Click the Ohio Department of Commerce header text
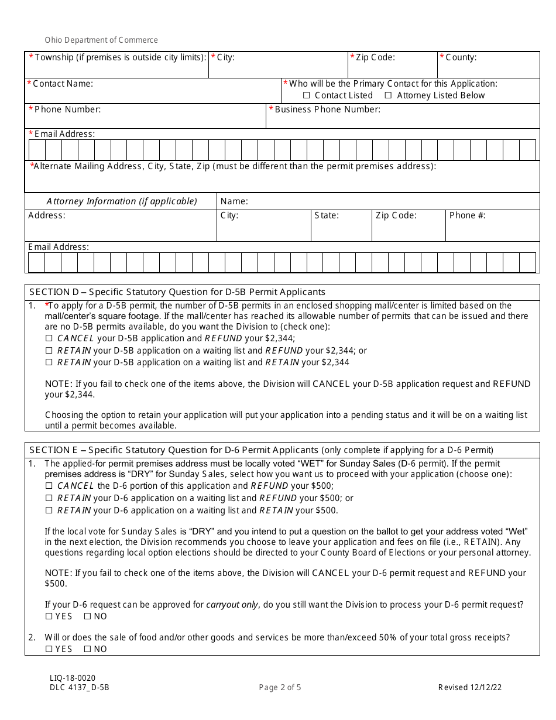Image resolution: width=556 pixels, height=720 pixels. (x=101, y=40)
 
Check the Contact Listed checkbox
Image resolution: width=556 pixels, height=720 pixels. (x=307, y=95)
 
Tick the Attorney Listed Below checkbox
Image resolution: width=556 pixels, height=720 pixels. (x=388, y=95)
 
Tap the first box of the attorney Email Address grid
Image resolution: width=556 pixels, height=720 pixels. (x=36, y=263)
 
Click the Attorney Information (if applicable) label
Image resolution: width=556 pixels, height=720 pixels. (x=122, y=201)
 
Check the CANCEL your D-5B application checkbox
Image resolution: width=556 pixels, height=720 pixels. (x=49, y=338)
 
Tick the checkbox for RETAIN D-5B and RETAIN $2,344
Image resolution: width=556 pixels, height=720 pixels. (x=49, y=362)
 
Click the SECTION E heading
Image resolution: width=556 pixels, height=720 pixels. (x=174, y=450)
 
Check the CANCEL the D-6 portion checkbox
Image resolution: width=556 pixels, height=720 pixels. (x=49, y=486)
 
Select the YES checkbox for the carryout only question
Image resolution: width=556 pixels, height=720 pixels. (x=49, y=616)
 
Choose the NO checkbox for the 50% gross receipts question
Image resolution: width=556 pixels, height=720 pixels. (x=88, y=649)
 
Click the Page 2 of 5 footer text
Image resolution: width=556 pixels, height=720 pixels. (x=280, y=688)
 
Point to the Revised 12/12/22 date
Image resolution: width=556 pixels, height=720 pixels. (x=470, y=688)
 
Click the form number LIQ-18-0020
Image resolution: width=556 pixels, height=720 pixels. (x=73, y=678)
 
